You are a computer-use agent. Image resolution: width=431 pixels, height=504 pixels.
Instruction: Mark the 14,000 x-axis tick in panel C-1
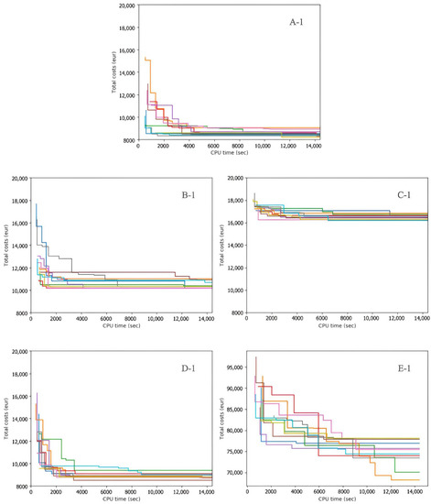pyautogui.click(x=416, y=318)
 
